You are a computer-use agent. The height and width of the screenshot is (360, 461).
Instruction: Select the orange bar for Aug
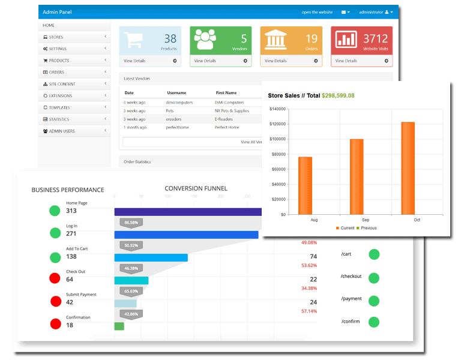305,185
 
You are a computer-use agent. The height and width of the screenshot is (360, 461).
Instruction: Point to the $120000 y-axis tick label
276,124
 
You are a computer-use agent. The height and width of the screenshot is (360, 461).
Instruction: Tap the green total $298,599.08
338,95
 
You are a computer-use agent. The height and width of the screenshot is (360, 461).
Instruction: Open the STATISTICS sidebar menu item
59,119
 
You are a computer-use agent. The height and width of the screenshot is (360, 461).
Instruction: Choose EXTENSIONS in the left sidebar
60,96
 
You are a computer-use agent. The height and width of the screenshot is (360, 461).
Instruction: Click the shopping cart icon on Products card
133,41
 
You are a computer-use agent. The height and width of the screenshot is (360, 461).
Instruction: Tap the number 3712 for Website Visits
375,39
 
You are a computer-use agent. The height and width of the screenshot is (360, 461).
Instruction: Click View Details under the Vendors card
205,61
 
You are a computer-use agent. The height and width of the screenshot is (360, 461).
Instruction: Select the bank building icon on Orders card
275,40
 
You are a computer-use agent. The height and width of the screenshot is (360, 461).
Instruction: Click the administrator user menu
375,12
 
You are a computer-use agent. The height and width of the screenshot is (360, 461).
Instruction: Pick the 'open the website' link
317,12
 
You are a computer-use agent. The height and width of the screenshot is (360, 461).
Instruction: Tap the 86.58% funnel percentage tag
130,223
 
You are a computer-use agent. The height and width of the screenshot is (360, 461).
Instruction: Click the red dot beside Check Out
55,278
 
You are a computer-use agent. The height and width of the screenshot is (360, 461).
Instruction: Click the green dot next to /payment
374,299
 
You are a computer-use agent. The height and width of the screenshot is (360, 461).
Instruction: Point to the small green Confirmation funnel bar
119,326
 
